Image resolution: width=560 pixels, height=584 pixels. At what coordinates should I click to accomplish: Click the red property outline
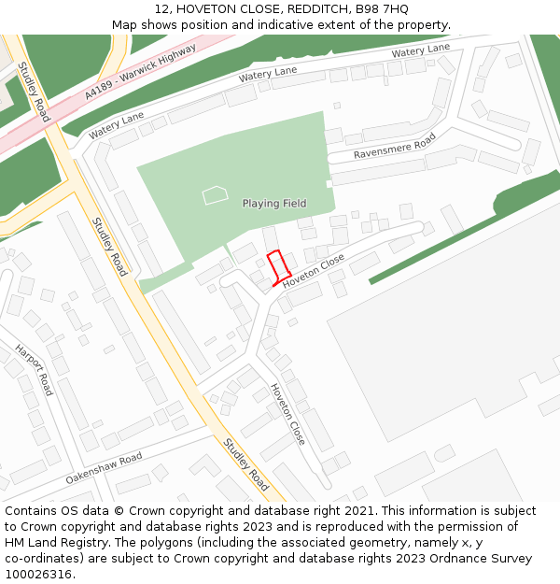(x=276, y=267)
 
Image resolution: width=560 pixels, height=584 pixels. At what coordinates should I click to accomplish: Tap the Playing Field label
(x=274, y=204)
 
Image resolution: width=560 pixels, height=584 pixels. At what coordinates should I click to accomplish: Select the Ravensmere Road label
(x=395, y=146)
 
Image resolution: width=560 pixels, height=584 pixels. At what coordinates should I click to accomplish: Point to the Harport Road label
(x=34, y=370)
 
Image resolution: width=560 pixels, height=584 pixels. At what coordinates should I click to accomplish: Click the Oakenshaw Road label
(x=104, y=468)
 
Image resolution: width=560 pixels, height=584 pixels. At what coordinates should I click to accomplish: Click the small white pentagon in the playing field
(x=215, y=195)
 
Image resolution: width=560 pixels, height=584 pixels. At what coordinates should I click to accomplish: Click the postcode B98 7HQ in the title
(x=382, y=8)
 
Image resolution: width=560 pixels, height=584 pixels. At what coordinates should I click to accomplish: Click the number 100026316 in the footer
(x=39, y=575)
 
